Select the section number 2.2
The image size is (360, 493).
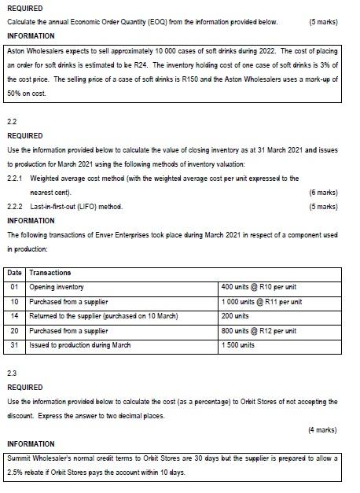12,122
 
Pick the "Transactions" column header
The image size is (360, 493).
50,273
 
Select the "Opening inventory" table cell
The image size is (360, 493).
57,287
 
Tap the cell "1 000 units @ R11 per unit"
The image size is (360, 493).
263,302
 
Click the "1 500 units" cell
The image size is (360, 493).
238,345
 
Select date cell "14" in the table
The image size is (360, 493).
14,316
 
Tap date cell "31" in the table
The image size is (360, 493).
14,345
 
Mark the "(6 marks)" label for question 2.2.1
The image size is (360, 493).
324,191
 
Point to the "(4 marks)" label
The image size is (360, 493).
324,430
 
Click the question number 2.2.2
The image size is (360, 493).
16,206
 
